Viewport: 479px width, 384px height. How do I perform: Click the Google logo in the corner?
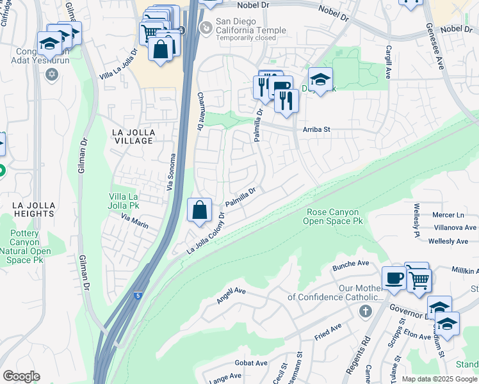(21, 376)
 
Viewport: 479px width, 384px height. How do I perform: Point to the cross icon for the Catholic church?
(365, 312)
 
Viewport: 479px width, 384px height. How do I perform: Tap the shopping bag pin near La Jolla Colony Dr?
(200, 209)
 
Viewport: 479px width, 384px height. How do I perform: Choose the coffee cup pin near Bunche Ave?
(394, 278)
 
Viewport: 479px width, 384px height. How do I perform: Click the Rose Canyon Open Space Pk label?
(334, 216)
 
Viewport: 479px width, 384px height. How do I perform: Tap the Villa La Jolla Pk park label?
(133, 202)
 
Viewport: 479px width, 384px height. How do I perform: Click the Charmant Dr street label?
(200, 111)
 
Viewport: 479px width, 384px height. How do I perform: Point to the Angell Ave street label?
(232, 295)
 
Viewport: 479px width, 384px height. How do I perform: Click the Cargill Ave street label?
(388, 62)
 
